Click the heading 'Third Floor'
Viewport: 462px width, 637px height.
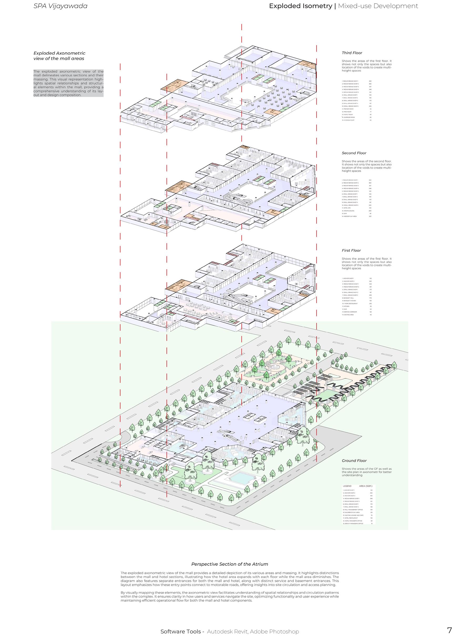[352, 53]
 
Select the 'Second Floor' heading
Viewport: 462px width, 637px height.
[354, 153]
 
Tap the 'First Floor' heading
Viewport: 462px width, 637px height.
[351, 250]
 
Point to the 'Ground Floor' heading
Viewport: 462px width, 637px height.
[354, 461]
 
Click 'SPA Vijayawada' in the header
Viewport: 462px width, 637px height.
[60, 6]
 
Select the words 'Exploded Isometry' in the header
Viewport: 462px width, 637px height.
[300, 6]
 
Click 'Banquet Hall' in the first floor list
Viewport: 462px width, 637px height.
[347, 298]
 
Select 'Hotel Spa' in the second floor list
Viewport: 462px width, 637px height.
[346, 208]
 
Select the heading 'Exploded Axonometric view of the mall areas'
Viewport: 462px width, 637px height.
[59, 55]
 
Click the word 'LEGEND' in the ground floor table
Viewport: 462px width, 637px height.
[347, 486]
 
